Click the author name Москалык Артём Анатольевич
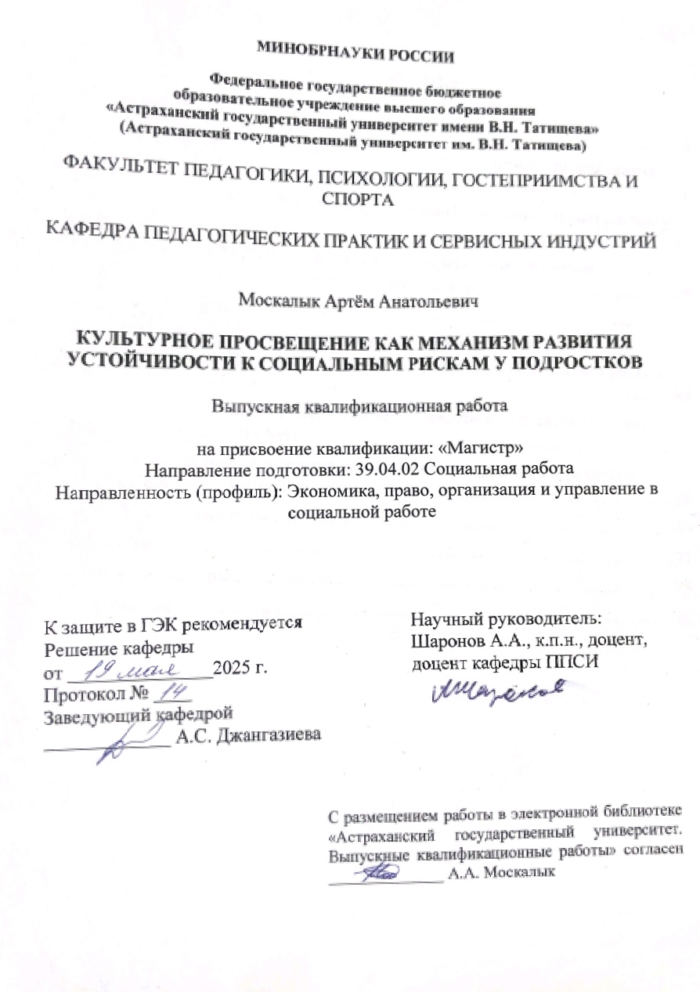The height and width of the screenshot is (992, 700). (355, 300)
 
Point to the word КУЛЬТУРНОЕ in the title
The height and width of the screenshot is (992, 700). (142, 342)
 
